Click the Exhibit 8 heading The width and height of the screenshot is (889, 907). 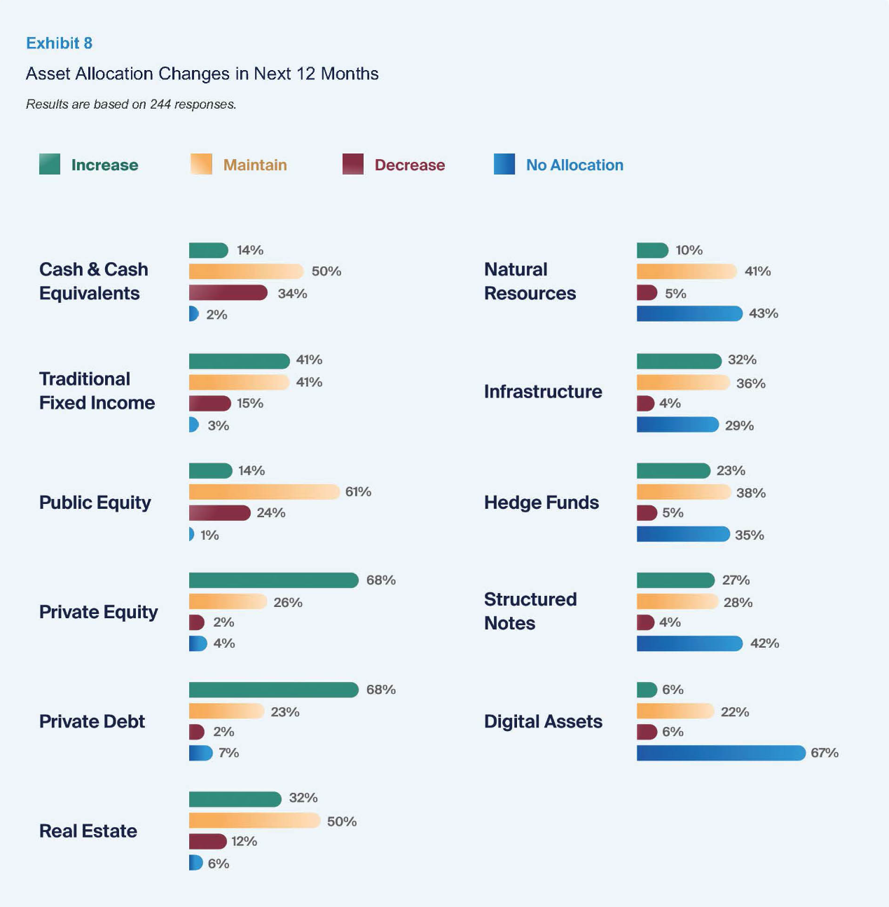59,43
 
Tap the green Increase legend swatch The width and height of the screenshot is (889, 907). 50,164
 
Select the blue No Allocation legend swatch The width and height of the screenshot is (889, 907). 504,164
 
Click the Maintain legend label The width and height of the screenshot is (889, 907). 255,165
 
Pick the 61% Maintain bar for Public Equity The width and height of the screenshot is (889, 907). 264,492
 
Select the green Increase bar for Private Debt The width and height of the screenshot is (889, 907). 273,690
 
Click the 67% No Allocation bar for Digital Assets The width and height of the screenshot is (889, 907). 721,753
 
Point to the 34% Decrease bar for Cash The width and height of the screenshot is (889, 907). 228,293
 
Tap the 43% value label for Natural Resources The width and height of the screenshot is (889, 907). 764,314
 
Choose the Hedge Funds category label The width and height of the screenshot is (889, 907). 542,503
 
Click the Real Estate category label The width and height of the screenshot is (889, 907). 88,831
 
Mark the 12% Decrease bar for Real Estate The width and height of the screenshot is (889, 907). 208,841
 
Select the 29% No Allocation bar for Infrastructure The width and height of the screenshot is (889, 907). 677,425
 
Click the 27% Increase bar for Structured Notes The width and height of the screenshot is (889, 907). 675,580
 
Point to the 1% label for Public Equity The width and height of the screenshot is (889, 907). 209,536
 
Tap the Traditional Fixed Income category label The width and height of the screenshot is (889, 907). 97,391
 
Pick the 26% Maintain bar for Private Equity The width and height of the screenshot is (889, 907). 228,601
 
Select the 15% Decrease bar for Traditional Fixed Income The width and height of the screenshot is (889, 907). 209,403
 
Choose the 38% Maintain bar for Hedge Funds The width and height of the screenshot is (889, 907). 684,492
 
